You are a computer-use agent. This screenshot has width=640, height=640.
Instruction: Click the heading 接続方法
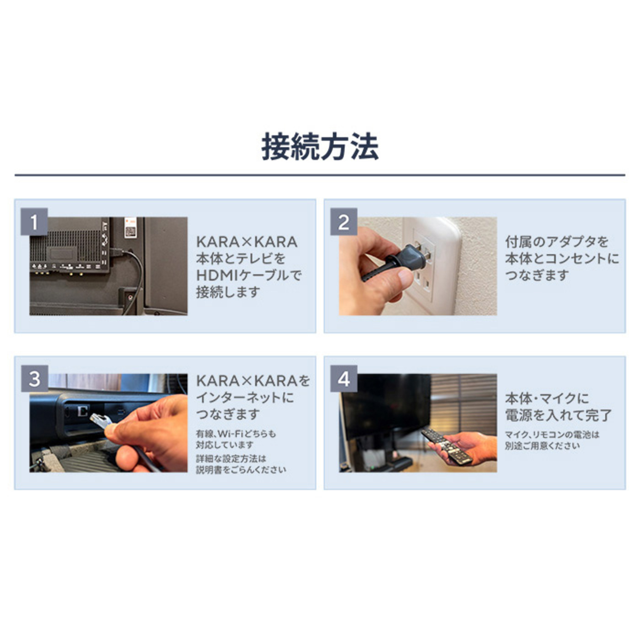click(x=320, y=147)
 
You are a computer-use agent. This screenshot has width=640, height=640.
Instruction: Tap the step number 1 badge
click(x=34, y=222)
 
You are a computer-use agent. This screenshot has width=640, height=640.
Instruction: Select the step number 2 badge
click(x=344, y=222)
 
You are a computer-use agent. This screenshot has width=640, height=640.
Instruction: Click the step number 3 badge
click(x=34, y=379)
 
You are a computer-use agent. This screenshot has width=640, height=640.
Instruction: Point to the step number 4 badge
click(x=344, y=379)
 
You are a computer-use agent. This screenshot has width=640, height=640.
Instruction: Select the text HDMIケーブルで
click(x=249, y=276)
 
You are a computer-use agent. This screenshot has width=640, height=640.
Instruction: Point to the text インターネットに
click(x=245, y=397)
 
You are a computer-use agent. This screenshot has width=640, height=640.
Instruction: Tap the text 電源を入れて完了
click(x=558, y=415)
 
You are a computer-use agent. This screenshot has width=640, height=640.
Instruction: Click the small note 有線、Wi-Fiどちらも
click(x=236, y=434)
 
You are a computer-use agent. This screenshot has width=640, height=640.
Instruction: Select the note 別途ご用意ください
click(x=542, y=446)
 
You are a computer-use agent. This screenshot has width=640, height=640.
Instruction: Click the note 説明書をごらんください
click(x=241, y=470)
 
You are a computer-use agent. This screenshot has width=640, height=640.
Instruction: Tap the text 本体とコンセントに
click(x=562, y=259)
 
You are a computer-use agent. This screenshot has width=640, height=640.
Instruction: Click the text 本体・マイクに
click(x=547, y=398)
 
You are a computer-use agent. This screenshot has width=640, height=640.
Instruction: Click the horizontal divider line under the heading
click(x=320, y=175)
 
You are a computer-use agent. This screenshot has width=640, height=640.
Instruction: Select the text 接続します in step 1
click(x=228, y=292)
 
